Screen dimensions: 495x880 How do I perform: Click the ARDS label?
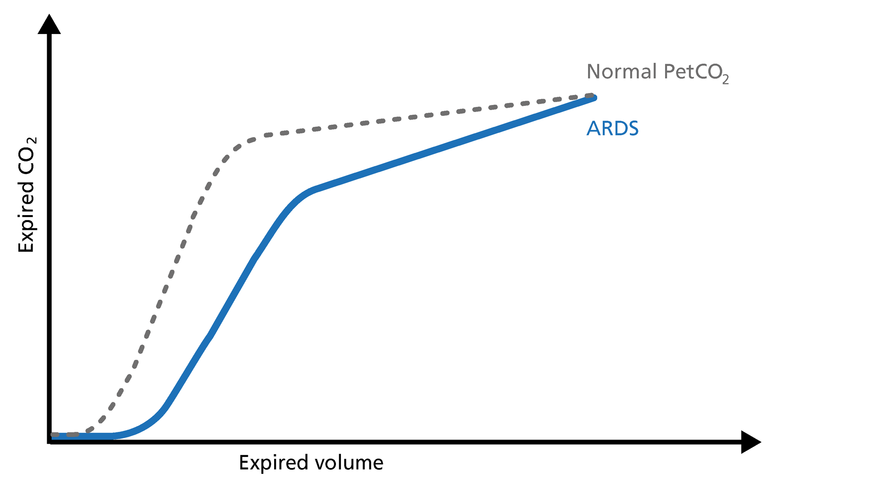pos(612,128)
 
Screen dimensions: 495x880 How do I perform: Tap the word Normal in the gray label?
pos(621,72)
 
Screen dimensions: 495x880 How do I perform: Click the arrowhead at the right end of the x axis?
pos(750,442)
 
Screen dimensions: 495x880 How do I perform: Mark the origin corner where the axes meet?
pos(49,442)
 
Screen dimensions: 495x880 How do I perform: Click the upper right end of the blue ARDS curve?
pos(594,98)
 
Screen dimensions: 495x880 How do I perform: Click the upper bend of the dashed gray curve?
pos(243,143)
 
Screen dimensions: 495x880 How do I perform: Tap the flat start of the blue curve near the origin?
pos(82,436)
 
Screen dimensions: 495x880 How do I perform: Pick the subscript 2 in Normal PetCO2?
pos(725,80)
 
